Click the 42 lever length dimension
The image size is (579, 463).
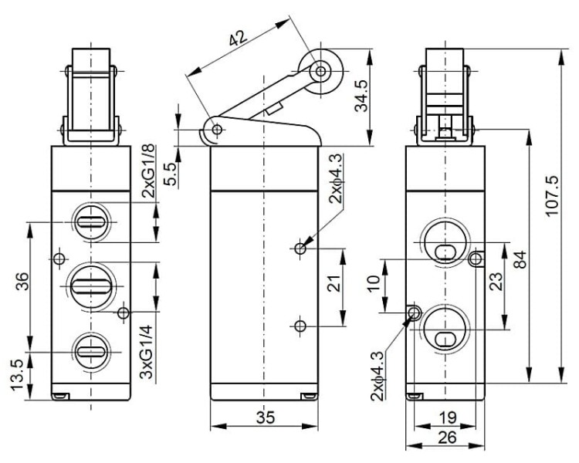[x=238, y=39]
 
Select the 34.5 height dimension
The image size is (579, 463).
[x=361, y=96]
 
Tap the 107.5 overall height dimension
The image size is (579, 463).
[x=552, y=197]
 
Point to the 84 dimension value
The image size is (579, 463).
[x=520, y=259]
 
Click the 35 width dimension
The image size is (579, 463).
[x=266, y=417]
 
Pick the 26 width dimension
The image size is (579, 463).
[x=447, y=438]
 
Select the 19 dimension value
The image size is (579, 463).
[x=448, y=418]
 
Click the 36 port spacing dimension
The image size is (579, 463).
[x=22, y=282]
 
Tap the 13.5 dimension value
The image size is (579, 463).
[x=17, y=376]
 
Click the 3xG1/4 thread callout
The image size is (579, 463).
[x=147, y=352]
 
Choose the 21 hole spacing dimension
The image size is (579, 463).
[x=334, y=283]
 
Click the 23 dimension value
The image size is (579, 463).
[x=496, y=282]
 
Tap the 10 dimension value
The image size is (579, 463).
[x=374, y=284]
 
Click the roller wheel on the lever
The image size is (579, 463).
[x=320, y=71]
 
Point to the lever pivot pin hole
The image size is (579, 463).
[x=218, y=130]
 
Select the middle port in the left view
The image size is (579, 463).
[x=91, y=286]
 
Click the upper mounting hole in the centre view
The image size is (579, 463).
[x=300, y=248]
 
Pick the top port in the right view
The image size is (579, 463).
[x=445, y=242]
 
